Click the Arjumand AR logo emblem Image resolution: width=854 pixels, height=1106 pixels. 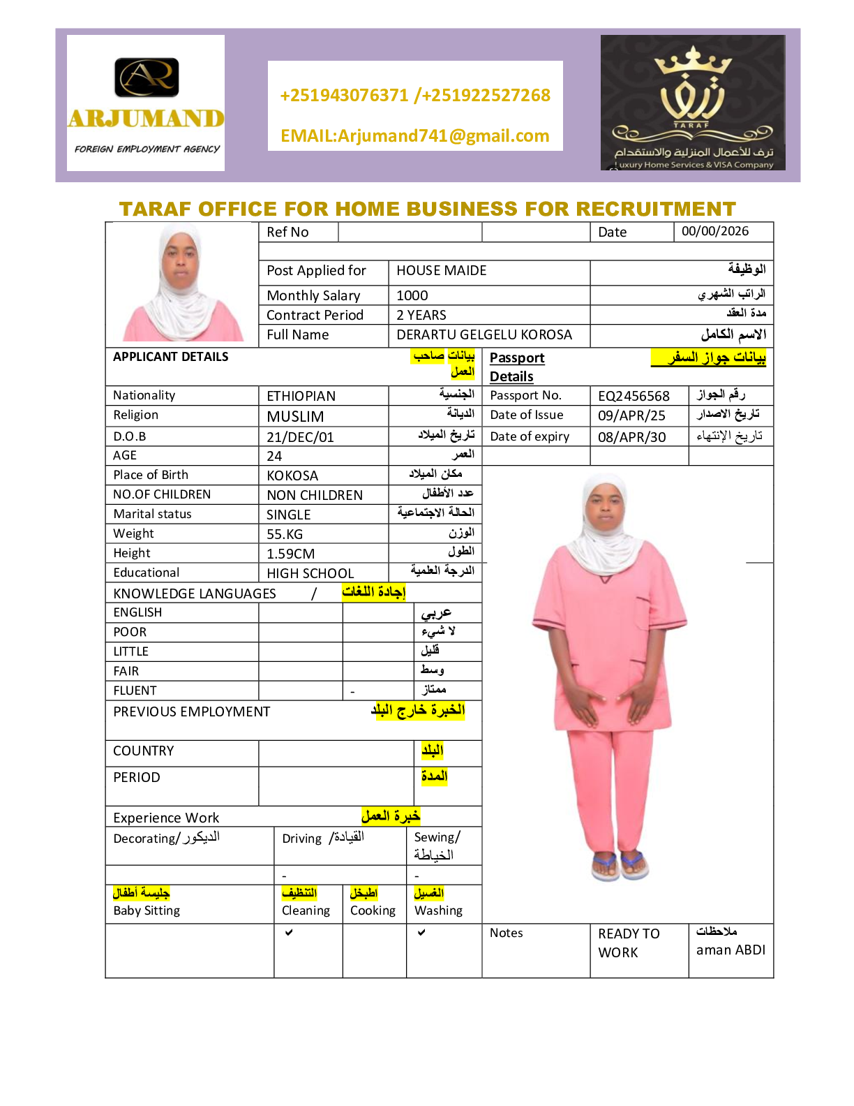coord(147,77)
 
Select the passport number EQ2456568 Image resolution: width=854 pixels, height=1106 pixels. coord(634,396)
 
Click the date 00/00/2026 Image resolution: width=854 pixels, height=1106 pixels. coord(715,231)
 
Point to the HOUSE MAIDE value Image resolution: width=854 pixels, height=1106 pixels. coord(442,270)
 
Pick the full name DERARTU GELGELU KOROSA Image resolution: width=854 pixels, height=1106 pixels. coord(484,334)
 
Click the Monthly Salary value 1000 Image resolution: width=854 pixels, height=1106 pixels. coord(412,295)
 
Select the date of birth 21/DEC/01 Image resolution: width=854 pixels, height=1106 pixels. coord(300,437)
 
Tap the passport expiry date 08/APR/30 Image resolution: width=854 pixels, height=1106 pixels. coord(631,437)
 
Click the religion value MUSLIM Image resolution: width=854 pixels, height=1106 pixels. coord(295,417)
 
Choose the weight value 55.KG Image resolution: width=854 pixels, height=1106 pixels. coord(285,534)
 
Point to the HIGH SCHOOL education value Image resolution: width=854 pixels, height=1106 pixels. coord(310,573)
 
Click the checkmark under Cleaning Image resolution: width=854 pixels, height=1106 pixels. coord(289,932)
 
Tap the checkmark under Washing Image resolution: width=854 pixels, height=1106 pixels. coord(421,932)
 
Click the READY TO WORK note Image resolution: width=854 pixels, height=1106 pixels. coord(628,943)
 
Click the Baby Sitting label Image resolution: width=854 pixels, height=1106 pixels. coord(147,910)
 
